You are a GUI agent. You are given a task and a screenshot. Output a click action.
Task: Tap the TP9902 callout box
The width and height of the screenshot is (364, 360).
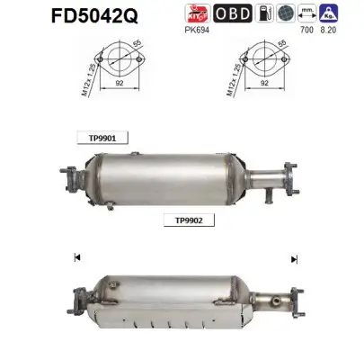coord(182,219)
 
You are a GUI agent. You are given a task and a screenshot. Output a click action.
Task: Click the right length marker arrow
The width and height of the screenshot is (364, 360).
coord(294,258)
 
